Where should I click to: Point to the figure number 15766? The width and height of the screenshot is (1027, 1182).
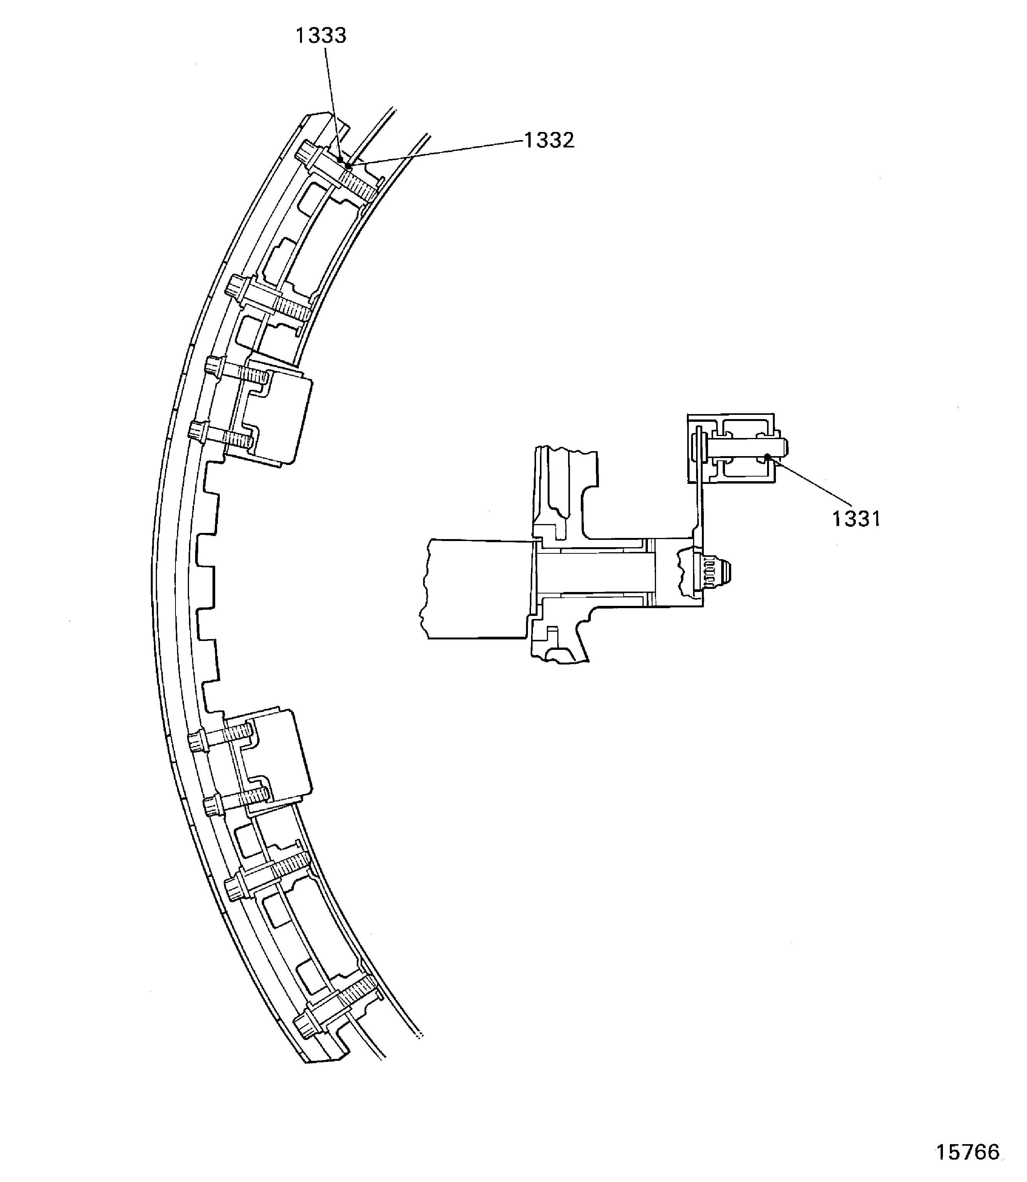[x=967, y=1152]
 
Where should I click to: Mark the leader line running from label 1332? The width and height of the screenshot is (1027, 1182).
[x=435, y=152]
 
